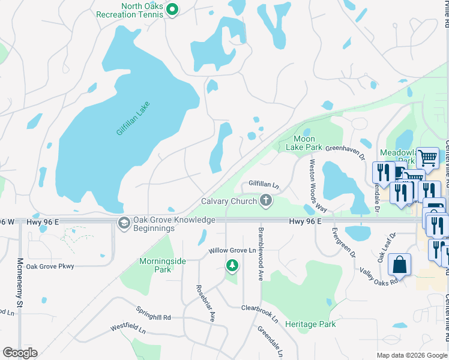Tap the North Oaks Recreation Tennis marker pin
coord(172,9)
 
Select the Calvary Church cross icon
coord(266,201)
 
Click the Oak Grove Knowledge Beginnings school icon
coord(124,223)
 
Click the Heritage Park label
coord(310,324)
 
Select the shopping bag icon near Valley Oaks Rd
coord(399,265)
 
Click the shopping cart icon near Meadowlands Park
coord(427,158)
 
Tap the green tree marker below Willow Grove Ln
coord(232,265)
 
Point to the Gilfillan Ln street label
coord(264,184)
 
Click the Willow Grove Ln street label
coord(232,250)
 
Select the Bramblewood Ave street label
coord(261,254)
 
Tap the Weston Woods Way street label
coord(318,185)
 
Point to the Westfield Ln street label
coord(128,329)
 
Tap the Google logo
coord(20,353)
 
